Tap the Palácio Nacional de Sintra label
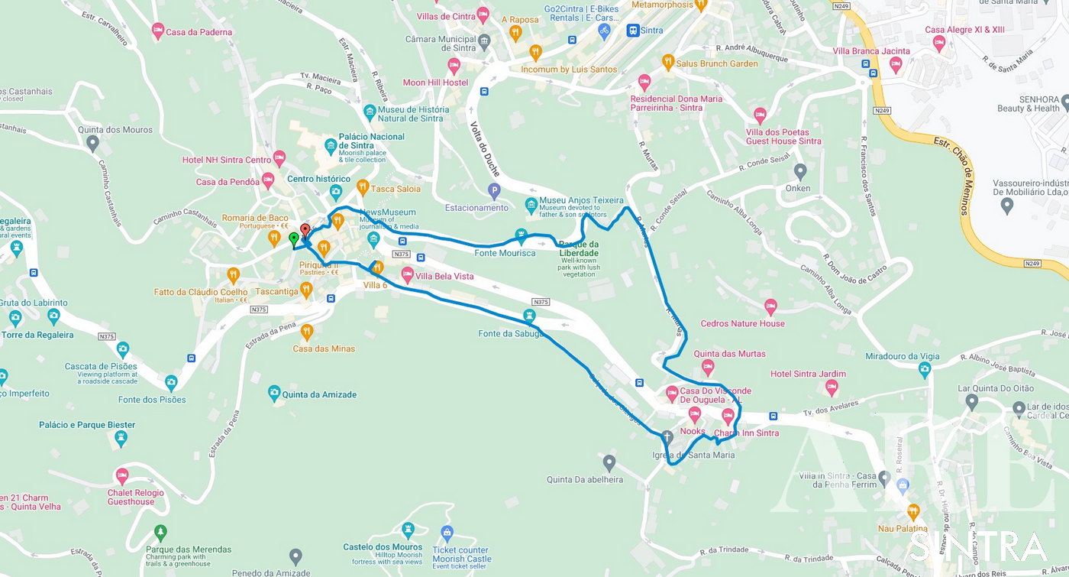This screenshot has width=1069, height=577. (x=371, y=141)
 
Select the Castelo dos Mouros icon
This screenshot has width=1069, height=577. (x=408, y=530)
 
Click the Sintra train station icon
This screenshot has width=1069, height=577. (x=632, y=31)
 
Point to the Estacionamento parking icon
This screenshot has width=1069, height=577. (x=494, y=190)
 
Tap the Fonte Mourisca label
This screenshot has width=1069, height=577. (x=505, y=253)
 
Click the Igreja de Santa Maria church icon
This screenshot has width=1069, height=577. (x=667, y=437)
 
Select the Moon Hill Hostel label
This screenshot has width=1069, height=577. (x=435, y=83)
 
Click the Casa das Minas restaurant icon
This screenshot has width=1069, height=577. (x=306, y=331)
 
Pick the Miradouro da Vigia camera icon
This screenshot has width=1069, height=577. (x=925, y=370)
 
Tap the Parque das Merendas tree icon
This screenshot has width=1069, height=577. (x=160, y=532)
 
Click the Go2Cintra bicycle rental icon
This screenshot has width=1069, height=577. (x=604, y=31)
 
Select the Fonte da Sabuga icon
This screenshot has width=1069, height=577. (x=528, y=316)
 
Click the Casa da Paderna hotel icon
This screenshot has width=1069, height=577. (x=158, y=31)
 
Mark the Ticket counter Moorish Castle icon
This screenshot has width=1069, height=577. (x=447, y=532)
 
